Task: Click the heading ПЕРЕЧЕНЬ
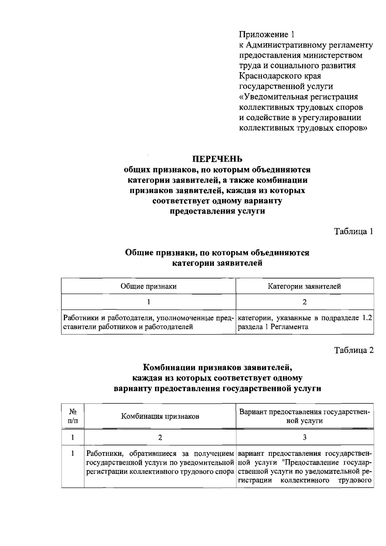click(x=217, y=159)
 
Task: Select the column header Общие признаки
click(x=148, y=286)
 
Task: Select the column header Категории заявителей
click(x=304, y=286)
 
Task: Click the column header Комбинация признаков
click(x=160, y=416)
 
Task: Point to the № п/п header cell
click(x=73, y=416)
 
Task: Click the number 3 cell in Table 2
click(x=305, y=437)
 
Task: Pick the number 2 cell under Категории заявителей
click(x=305, y=302)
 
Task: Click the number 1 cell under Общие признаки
click(x=148, y=302)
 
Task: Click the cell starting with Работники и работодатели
click(x=148, y=322)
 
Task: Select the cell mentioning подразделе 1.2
click(x=304, y=322)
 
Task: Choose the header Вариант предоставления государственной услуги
click(x=305, y=416)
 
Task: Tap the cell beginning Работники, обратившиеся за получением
click(x=160, y=463)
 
